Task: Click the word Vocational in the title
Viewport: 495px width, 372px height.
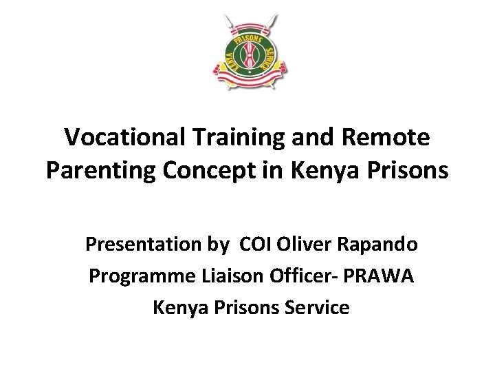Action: (x=118, y=138)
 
